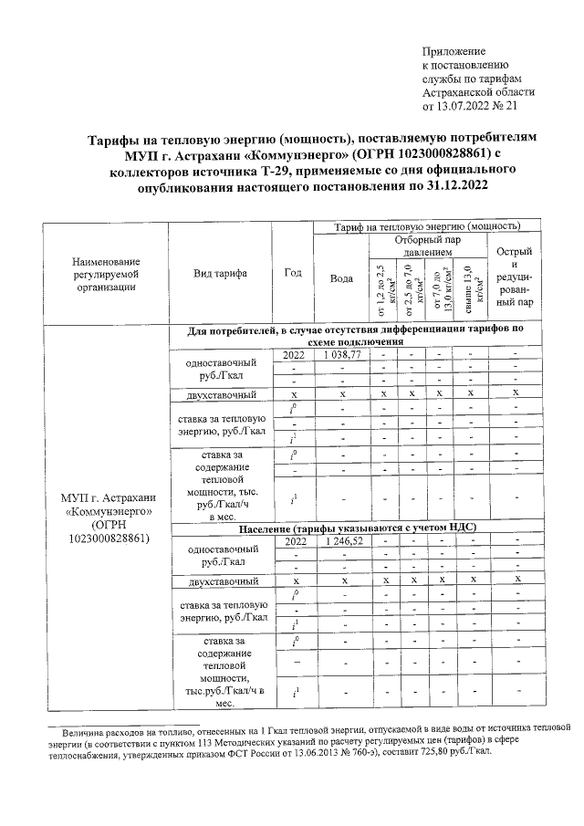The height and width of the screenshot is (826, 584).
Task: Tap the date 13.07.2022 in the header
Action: click(x=464, y=106)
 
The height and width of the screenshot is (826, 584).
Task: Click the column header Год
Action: click(x=293, y=272)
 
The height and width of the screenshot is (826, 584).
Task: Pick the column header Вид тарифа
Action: click(x=219, y=272)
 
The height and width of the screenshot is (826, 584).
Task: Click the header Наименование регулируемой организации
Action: click(x=109, y=273)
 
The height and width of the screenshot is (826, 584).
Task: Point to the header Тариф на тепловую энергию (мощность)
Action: click(x=428, y=225)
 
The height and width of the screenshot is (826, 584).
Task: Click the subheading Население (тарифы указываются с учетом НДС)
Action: click(x=358, y=528)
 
